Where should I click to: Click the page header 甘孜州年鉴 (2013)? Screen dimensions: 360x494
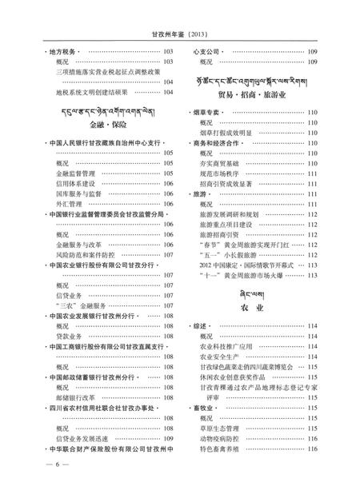click(179, 34)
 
